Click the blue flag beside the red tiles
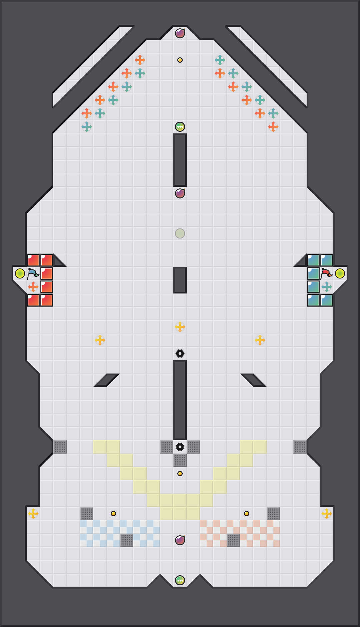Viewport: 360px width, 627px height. (33, 273)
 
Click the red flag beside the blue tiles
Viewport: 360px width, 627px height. (326, 273)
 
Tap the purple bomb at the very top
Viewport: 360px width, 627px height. (180, 33)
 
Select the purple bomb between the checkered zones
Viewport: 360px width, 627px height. (180, 540)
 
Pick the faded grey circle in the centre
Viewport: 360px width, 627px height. (180, 233)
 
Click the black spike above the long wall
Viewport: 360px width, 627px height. (180, 354)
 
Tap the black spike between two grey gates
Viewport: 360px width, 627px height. (180, 447)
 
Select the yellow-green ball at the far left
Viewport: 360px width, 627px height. (20, 273)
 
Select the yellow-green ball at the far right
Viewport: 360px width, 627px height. (340, 273)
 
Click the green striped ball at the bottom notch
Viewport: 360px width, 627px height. (180, 580)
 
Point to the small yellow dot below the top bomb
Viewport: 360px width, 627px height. (180, 60)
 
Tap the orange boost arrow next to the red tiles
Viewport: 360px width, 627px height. (33, 287)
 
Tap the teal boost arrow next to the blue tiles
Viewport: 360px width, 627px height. (327, 287)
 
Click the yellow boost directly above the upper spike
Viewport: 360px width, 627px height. (180, 327)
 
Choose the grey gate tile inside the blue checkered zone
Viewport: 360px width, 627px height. (127, 540)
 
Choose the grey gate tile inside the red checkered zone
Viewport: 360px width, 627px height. (233, 540)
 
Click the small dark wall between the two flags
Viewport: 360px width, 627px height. (180, 280)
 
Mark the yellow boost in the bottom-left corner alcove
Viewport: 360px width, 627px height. (33, 514)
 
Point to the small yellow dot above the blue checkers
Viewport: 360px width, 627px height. (113, 514)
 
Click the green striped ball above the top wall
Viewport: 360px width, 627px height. (180, 127)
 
